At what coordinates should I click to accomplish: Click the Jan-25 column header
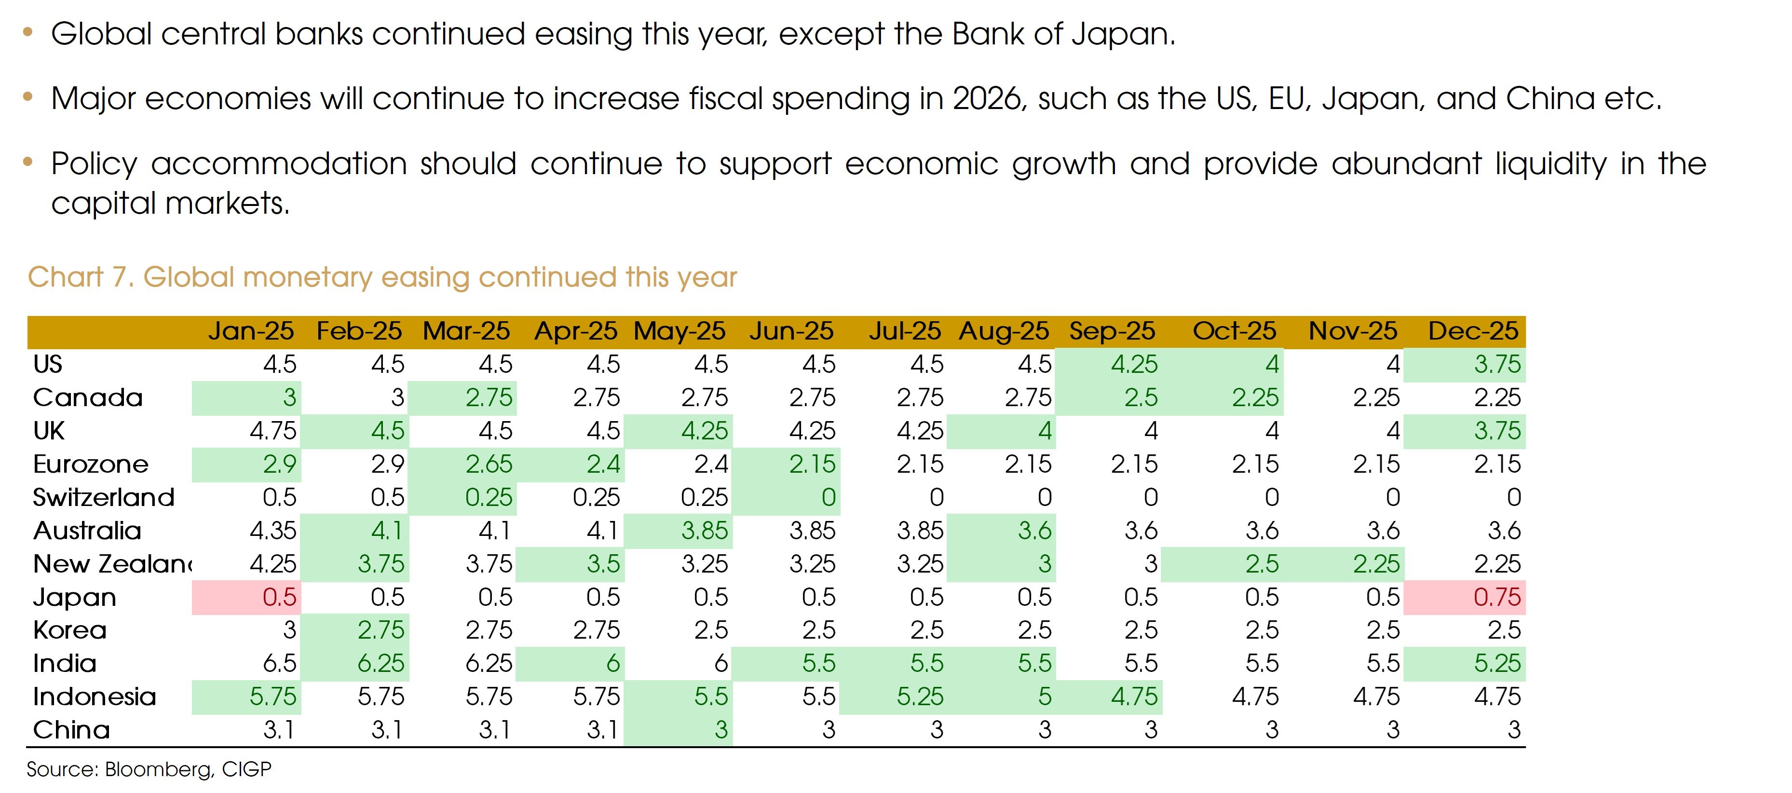pos(250,331)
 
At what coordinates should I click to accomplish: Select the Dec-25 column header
pos(1473,331)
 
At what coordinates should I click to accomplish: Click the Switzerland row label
pos(104,497)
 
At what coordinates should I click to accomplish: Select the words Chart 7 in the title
pos(79,277)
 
